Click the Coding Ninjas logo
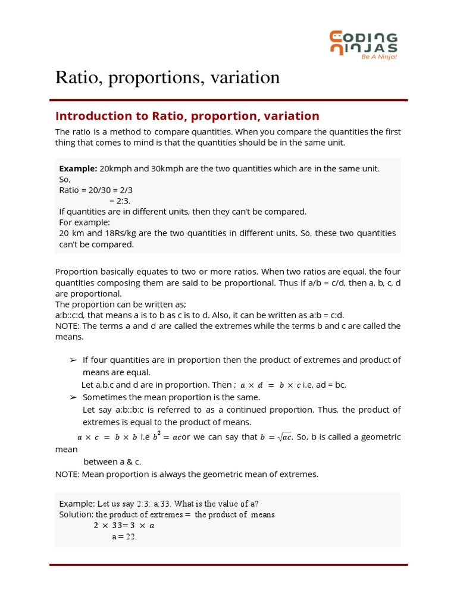coord(364,43)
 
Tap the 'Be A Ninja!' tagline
coord(379,57)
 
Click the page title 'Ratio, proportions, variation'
coord(167,77)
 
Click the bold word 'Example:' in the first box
coord(78,168)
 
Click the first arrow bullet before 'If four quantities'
coord(74,360)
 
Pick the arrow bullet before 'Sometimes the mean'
coord(74,397)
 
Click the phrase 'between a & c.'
coord(112,462)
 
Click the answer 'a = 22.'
coord(124,536)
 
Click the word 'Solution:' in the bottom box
coord(76,514)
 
